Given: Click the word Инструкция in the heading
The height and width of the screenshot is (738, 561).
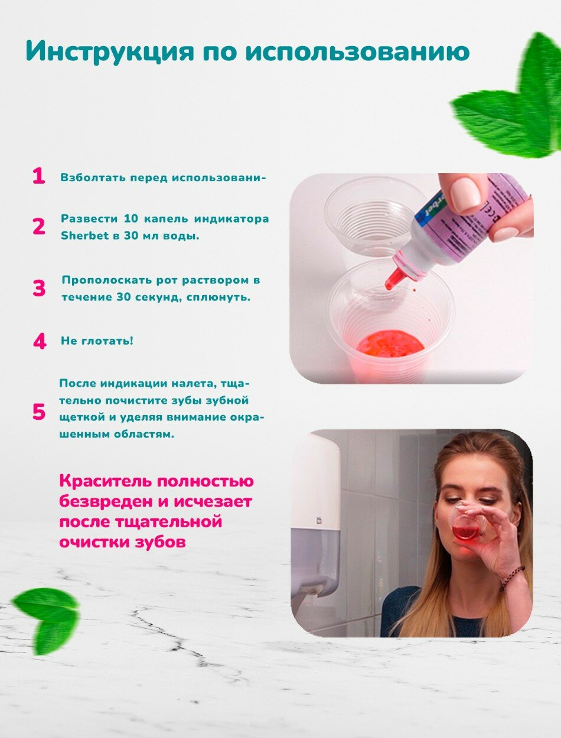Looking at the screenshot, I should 110,52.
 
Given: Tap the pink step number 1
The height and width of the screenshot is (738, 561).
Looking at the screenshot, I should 38,176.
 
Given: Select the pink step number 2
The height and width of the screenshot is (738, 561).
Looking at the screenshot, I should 38,227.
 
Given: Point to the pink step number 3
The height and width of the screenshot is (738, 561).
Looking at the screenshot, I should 39,289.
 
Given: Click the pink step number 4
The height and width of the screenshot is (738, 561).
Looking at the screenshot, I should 40,341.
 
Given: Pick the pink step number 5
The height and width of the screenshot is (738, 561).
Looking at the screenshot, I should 38,412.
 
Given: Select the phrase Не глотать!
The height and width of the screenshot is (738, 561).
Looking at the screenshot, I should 97,341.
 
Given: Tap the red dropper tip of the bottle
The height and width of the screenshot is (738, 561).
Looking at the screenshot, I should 392,279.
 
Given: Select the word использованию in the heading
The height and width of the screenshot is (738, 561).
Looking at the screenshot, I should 357,52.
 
